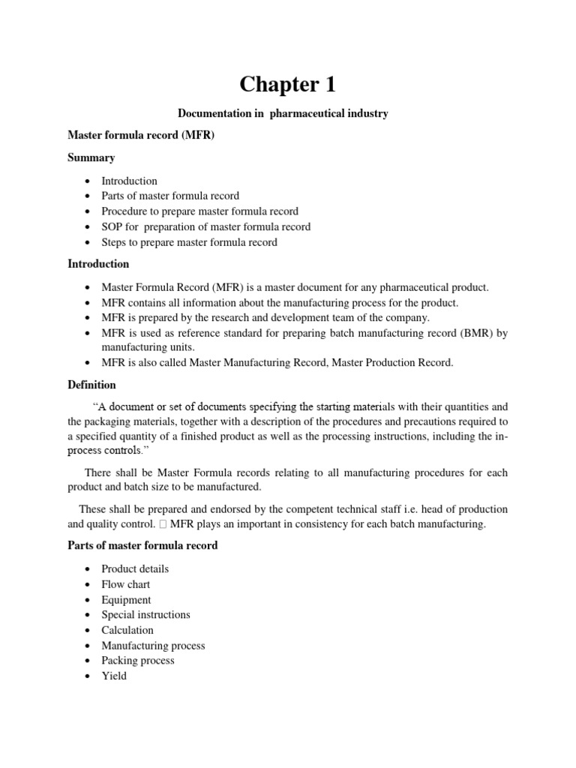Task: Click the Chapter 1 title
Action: tap(289, 84)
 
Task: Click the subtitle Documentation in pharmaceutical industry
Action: tap(283, 113)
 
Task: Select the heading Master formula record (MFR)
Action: tap(141, 136)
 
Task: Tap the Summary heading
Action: tap(91, 158)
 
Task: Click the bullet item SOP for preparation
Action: tap(205, 226)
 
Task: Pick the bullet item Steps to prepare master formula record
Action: tap(189, 242)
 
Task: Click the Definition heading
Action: tap(91, 385)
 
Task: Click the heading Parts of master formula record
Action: tap(142, 545)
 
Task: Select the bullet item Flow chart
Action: tap(125, 584)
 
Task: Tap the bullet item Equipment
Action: tap(126, 600)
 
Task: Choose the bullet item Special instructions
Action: tap(145, 615)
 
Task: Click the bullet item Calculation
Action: tap(127, 630)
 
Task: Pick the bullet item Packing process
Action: tap(137, 661)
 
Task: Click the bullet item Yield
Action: tap(114, 676)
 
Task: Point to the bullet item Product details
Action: tap(135, 569)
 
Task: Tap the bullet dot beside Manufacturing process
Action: tap(88, 646)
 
